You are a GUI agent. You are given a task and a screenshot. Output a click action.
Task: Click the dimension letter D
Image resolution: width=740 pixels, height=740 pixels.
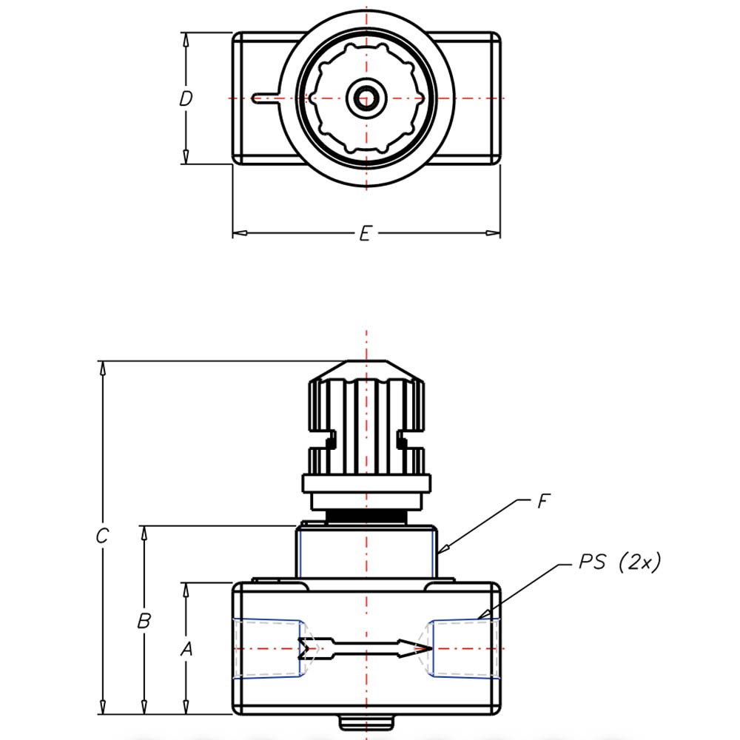tap(186, 98)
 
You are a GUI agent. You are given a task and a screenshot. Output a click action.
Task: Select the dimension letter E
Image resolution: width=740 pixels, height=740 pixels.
tap(365, 234)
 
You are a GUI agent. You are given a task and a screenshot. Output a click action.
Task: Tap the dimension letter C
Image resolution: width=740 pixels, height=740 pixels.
tap(103, 536)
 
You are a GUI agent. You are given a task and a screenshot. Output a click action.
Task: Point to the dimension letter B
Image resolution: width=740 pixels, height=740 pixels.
tap(144, 621)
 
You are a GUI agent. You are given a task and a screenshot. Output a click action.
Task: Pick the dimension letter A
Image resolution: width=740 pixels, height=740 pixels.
tap(186, 649)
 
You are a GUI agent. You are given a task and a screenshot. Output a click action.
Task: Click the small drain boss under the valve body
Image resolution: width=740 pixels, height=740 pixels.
tap(366, 721)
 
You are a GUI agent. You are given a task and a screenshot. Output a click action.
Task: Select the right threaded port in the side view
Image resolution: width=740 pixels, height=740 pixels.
tap(462, 648)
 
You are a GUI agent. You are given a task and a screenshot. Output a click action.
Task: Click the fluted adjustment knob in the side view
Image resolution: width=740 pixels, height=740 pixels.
tap(366, 414)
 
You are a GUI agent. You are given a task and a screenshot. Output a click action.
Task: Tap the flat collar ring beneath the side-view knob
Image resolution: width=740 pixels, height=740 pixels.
tap(366, 484)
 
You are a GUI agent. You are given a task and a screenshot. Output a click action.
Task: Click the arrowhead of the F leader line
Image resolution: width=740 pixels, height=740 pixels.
tap(441, 552)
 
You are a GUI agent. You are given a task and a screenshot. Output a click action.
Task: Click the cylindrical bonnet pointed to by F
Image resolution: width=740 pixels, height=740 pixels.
tap(366, 551)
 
